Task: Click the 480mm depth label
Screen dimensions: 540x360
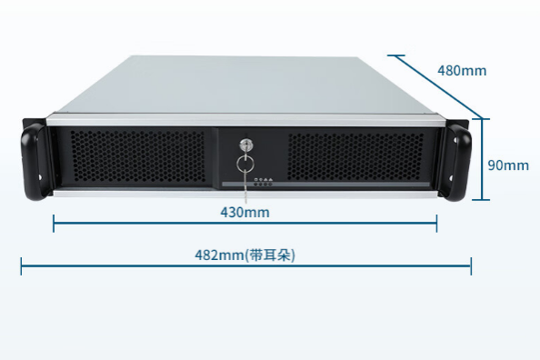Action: tap(462, 70)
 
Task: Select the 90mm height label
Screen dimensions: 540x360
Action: tap(507, 165)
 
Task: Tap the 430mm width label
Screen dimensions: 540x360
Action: tap(245, 212)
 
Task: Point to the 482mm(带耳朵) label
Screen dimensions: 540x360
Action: tap(245, 255)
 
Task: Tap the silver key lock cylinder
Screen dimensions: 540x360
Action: tap(245, 145)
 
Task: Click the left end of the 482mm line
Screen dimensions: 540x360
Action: tap(21, 265)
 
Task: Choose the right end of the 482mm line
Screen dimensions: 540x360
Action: tap(471, 265)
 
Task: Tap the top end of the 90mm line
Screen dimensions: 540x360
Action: tap(482, 118)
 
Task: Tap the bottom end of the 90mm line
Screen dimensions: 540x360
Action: tap(482, 200)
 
